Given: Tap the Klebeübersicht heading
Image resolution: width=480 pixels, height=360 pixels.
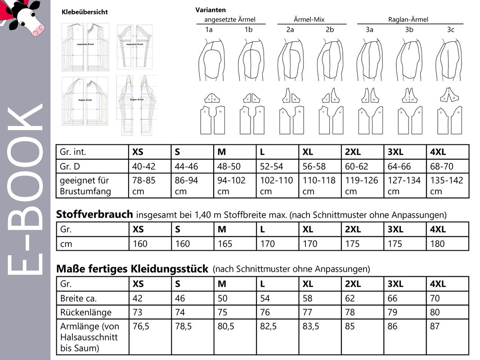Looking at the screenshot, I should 85,12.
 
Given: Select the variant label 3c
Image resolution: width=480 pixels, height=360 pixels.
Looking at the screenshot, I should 450,30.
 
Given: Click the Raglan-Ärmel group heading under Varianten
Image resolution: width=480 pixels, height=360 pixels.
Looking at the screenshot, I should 408,19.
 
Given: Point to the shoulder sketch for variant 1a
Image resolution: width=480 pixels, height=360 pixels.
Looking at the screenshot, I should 209,61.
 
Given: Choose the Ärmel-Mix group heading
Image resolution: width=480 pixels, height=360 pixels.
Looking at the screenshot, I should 309,19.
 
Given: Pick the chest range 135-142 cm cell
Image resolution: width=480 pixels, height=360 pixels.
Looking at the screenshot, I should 446,185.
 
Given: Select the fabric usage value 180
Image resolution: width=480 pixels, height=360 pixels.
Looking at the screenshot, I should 437,244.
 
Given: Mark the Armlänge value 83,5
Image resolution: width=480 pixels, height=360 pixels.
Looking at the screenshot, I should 311,327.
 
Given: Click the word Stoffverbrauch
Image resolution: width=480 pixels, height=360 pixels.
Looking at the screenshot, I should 94,214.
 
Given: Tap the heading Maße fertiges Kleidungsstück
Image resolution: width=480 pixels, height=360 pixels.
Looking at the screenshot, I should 132,269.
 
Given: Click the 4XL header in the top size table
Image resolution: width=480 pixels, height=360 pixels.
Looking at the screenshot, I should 438,152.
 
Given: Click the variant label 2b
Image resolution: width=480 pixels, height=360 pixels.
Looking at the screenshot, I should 330,30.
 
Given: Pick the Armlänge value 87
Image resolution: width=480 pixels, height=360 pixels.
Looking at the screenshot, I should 435,327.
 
